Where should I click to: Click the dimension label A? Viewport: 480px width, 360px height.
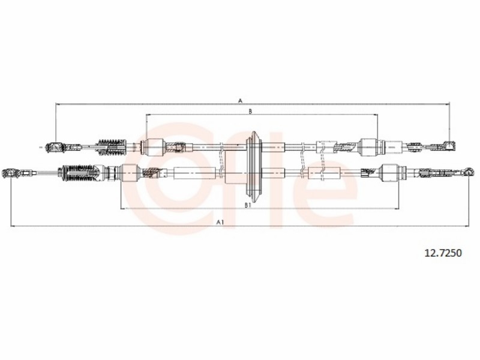tap(241, 100)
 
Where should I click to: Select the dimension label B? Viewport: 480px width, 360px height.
tap(250, 112)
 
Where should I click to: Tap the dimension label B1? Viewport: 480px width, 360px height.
tap(248, 205)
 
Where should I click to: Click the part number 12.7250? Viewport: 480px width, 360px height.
tap(443, 253)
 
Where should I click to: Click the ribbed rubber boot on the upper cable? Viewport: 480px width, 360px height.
tap(112, 147)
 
